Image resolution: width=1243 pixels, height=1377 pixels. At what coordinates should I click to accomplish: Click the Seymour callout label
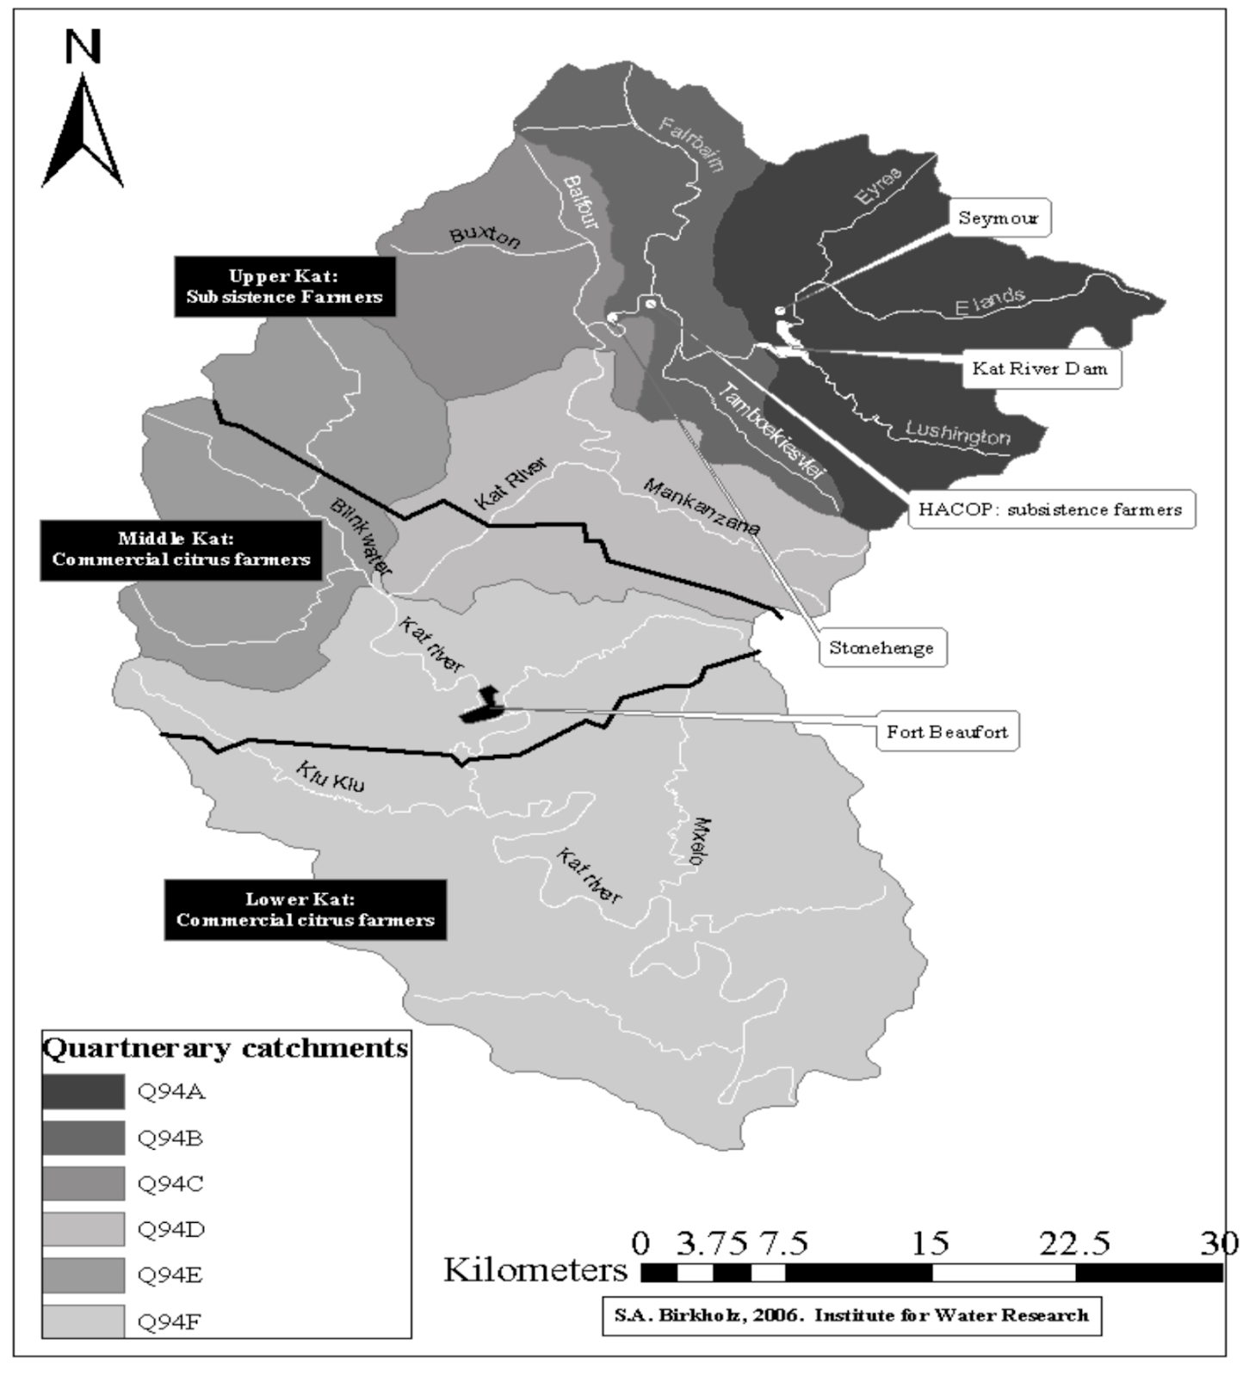[999, 218]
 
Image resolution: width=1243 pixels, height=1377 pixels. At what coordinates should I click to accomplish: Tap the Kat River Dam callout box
[1040, 369]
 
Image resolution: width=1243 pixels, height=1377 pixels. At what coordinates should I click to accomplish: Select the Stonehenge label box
[881, 648]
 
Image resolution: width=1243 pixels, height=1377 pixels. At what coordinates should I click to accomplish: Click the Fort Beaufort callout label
[947, 732]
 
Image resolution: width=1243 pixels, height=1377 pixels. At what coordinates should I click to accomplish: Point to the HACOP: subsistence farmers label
[1050, 509]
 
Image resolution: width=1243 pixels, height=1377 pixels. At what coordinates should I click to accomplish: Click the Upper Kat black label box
[284, 287]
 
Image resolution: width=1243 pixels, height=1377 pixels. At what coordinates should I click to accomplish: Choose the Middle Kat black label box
[181, 549]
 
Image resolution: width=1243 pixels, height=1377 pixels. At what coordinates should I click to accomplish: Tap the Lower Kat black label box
[305, 910]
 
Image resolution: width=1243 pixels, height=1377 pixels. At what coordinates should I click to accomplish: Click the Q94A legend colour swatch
[83, 1092]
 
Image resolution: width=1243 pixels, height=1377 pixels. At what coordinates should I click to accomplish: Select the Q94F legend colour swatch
[83, 1321]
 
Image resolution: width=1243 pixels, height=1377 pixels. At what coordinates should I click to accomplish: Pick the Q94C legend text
[170, 1184]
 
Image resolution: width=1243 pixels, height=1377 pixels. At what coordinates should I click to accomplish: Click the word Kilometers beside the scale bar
[535, 1270]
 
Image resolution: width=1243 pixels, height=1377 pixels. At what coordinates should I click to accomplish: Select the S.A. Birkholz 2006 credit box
[851, 1316]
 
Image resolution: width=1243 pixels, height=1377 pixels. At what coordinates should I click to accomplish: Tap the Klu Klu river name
[331, 775]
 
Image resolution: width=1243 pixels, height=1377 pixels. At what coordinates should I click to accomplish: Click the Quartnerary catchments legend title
[226, 1048]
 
